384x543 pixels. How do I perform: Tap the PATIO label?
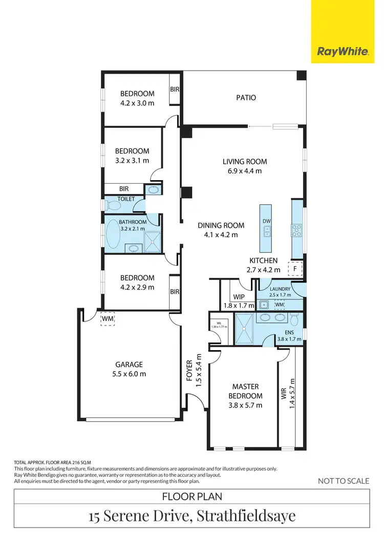[246, 97]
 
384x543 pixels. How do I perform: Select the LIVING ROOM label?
[244, 162]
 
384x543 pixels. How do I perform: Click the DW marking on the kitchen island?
[266, 221]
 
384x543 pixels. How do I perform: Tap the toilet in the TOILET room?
[113, 206]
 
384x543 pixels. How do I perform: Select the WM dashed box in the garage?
[108, 318]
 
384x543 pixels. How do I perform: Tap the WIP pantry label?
[239, 297]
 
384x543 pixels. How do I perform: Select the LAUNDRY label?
[280, 289]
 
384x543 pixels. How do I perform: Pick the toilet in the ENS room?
[294, 320]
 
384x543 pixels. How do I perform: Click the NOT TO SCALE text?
[343, 481]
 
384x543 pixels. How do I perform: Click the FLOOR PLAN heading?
[191, 496]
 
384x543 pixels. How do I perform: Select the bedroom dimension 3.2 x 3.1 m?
[132, 160]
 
